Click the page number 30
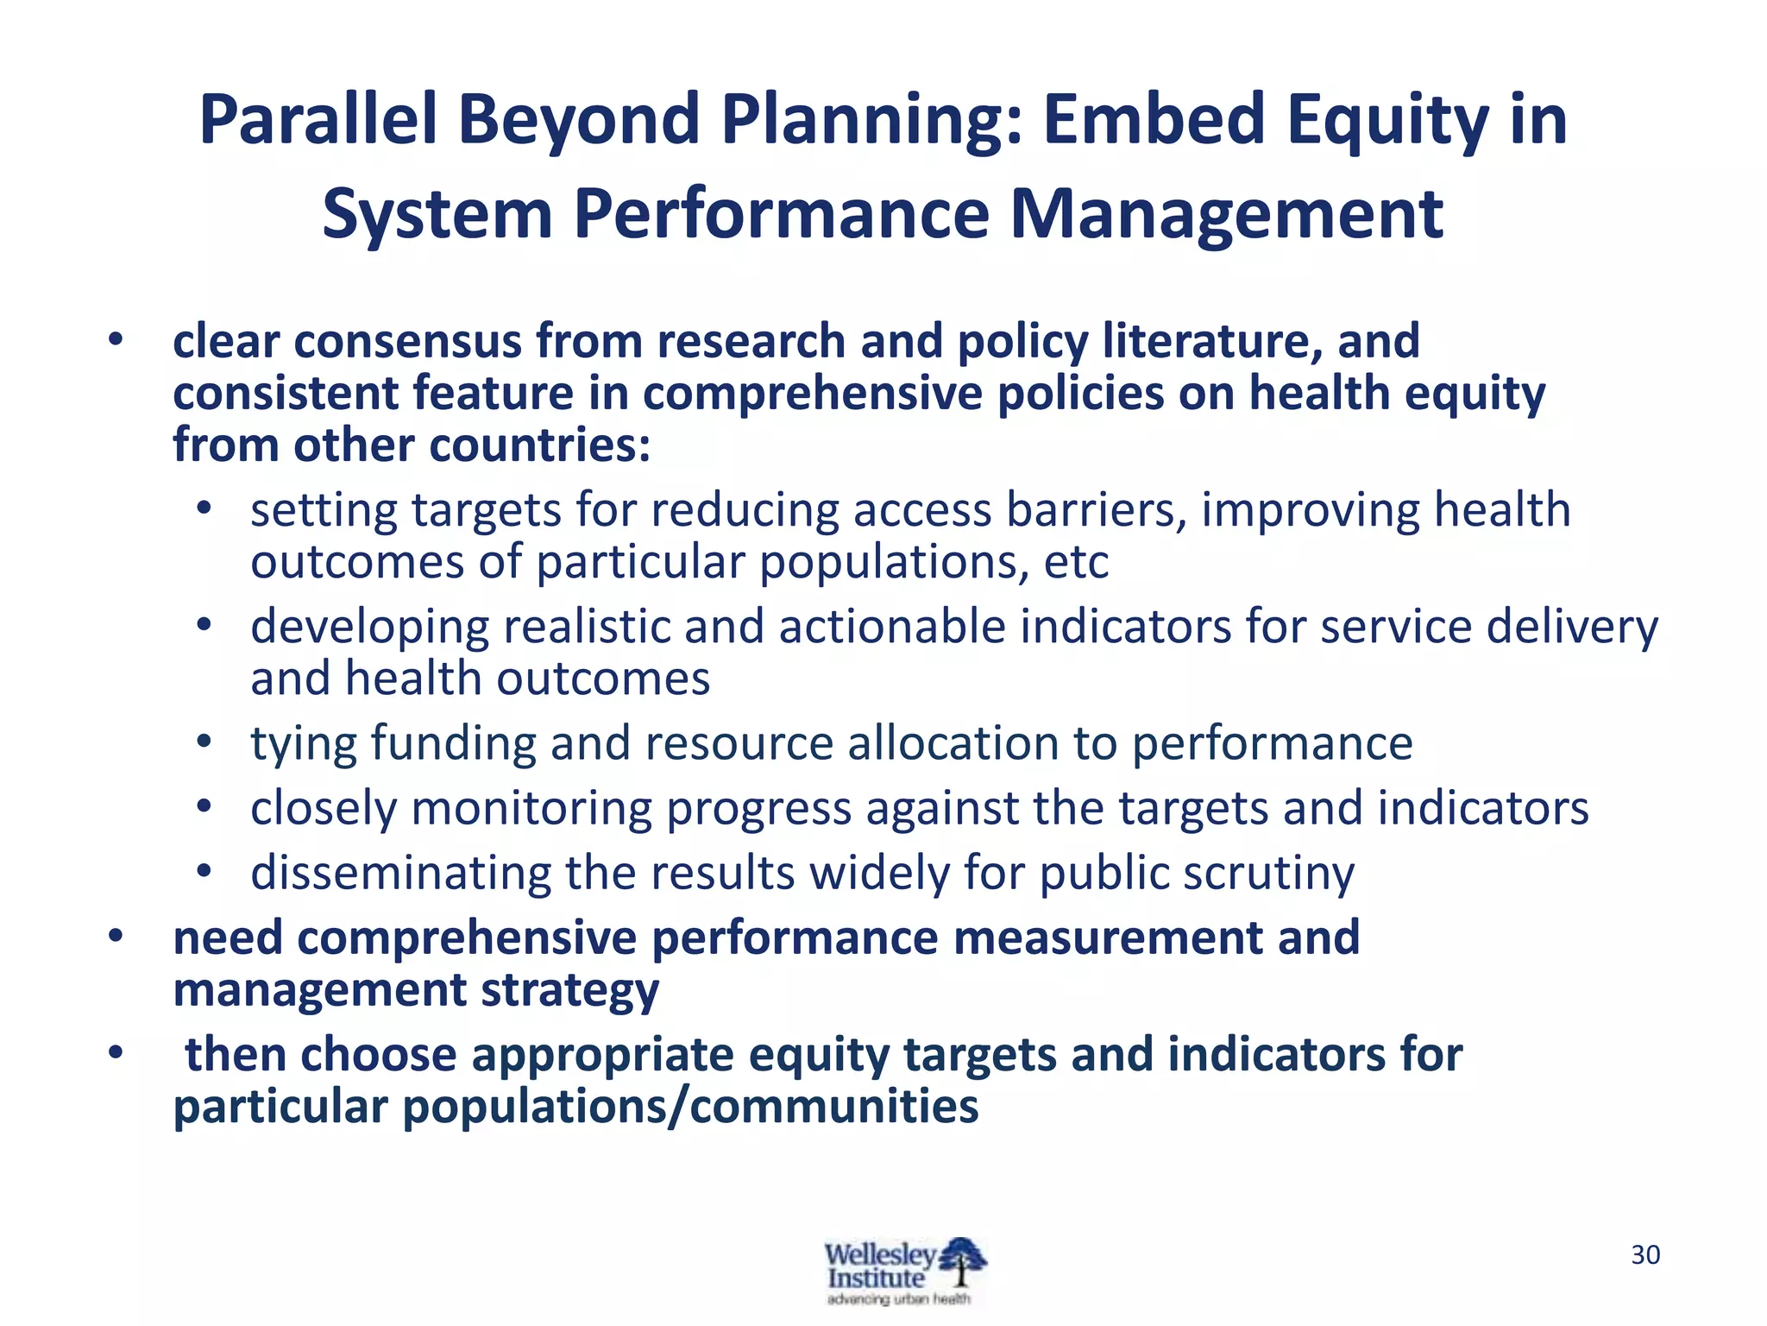(1645, 1254)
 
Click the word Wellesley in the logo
(879, 1254)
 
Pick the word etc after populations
(1076, 562)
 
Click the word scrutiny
(1268, 873)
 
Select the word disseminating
(400, 873)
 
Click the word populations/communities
(690, 1107)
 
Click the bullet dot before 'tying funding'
(204, 742)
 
